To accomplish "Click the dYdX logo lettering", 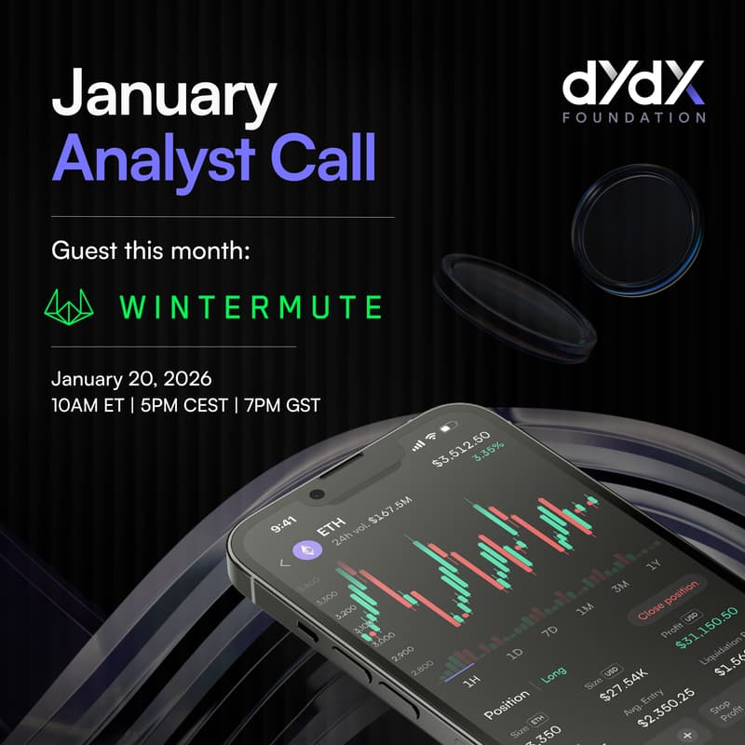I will click(x=633, y=86).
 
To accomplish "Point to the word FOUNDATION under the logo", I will click(x=633, y=118).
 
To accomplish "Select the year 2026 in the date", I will click(x=187, y=380).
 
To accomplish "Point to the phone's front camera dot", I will click(x=316, y=494).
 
